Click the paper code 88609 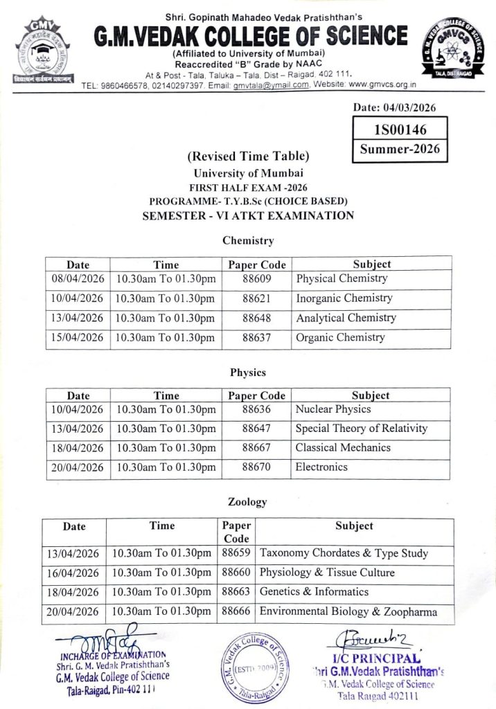256,279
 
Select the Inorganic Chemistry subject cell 344,298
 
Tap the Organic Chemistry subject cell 340,338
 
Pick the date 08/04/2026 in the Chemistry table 78,279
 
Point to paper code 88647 256,429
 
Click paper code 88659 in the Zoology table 236,554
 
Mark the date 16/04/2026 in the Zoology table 75,573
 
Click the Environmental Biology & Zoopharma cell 348,611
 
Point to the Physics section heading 248,373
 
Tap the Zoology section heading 247,501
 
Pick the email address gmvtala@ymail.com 270,85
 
